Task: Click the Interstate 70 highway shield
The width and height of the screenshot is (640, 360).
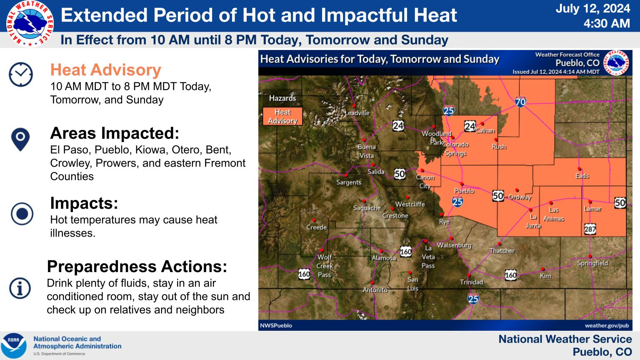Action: coord(520,101)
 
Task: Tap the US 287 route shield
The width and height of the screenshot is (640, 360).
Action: coord(590,229)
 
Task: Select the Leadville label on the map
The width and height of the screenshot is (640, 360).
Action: coord(357,113)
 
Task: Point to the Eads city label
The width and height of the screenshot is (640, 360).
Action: coord(582,176)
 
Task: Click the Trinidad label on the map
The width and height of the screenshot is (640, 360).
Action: coord(471,282)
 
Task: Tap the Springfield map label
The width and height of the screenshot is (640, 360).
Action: coord(592,263)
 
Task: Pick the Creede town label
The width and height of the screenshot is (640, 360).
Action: coord(316,227)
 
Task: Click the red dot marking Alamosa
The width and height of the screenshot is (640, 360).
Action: coord(381,251)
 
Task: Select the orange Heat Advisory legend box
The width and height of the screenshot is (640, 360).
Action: coord(282,116)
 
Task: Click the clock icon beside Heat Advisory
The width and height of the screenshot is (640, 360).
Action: coord(20,75)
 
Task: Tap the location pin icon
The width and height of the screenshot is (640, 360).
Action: coord(20,140)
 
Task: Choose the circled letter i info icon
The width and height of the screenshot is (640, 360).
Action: coord(20,288)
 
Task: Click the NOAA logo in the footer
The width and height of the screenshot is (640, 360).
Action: coord(14,345)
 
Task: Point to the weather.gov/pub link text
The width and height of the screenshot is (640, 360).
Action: coord(607,325)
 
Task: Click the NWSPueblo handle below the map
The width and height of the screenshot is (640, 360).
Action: coord(276,325)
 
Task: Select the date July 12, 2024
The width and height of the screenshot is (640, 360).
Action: coord(593,9)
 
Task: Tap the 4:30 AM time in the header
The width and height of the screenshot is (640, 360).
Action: coord(607,23)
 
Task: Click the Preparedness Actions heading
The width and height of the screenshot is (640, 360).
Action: coord(137,266)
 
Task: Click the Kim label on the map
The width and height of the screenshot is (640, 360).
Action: coord(545,276)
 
